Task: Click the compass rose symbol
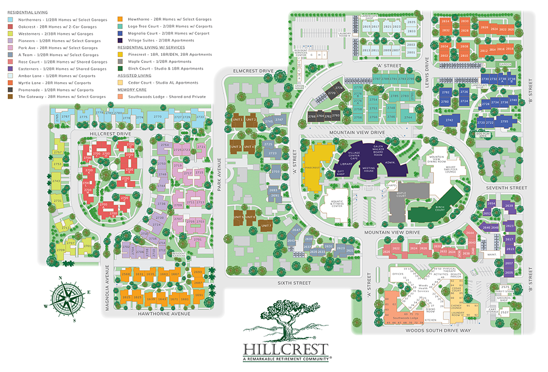click(x=65, y=297)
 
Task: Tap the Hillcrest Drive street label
click(x=110, y=134)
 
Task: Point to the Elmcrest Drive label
click(x=253, y=71)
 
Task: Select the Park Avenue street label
click(x=219, y=175)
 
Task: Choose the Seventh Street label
click(x=510, y=188)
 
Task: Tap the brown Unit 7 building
click(x=266, y=225)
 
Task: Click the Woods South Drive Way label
click(x=438, y=330)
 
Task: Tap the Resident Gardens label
click(x=179, y=254)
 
